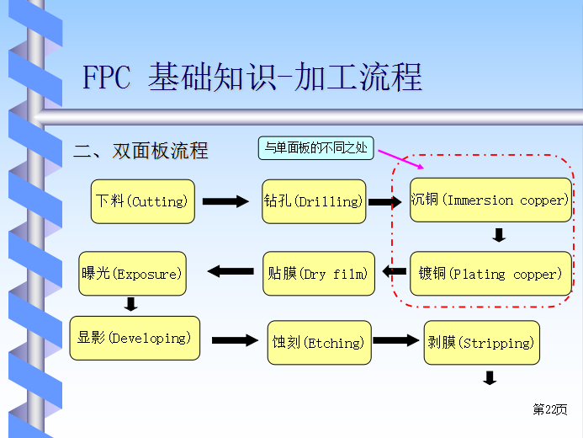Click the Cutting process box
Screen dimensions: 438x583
pos(142,201)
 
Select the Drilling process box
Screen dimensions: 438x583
pos(314,201)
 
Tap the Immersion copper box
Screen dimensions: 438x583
pos(490,200)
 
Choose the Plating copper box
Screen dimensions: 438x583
pos(490,274)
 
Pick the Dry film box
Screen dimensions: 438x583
pos(318,274)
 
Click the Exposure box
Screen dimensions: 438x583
pos(131,274)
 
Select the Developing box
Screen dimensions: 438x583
pos(135,338)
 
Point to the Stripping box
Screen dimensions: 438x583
pos(480,343)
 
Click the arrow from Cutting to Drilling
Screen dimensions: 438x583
pos(225,201)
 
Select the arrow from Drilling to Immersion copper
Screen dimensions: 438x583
pos(385,202)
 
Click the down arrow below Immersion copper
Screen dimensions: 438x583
pos(499,235)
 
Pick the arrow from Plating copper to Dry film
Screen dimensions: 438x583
pos(393,271)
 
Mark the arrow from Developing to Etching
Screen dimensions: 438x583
pos(235,340)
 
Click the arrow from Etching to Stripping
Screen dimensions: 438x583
pos(395,340)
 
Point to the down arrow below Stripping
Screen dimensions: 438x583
pos(490,378)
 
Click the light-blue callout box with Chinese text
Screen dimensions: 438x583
pos(315,148)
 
